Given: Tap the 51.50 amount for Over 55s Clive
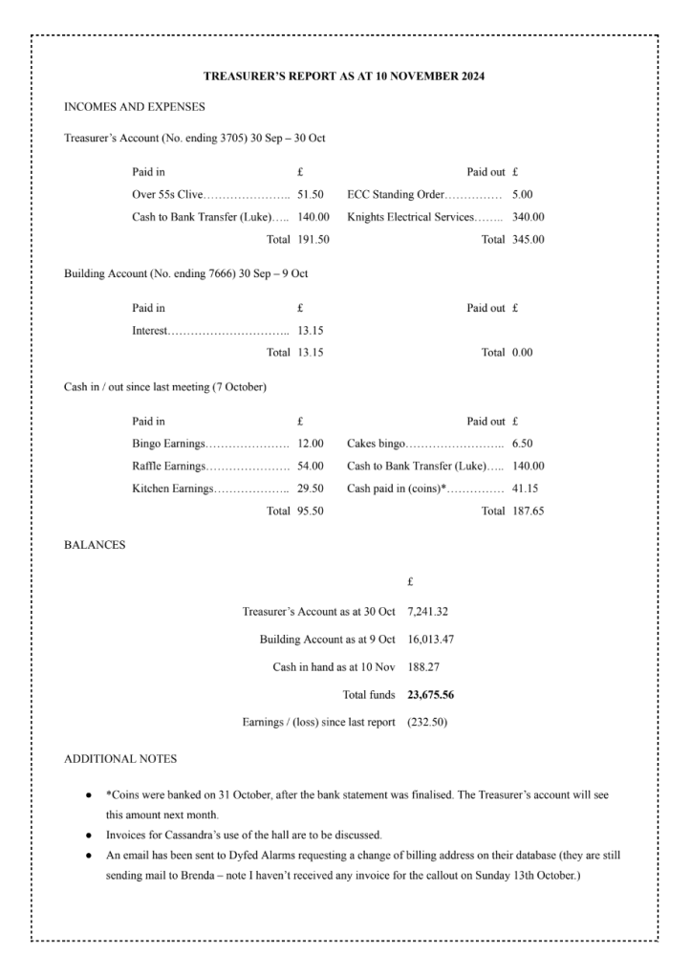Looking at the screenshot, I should coord(311,195).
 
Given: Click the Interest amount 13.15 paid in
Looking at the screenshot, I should coord(311,330).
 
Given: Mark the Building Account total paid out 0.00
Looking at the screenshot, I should coord(523,352).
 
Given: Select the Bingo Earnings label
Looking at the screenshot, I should coord(167,444).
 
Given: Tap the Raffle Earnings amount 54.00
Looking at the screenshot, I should coord(311,466).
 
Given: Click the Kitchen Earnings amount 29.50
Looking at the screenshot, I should coord(311,489).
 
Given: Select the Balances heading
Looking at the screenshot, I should coord(94,545).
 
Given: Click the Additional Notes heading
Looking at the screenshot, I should coord(119,758).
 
